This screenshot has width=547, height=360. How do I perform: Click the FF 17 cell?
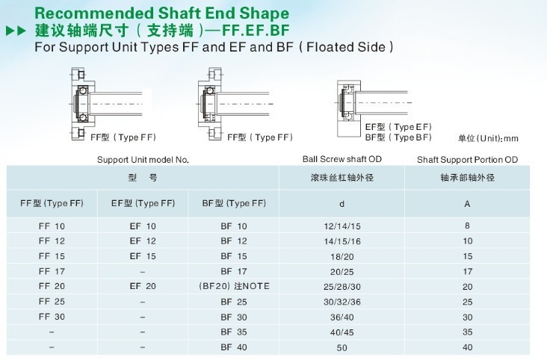52,271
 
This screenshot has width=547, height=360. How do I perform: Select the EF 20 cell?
143,286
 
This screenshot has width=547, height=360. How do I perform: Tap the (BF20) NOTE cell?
234,286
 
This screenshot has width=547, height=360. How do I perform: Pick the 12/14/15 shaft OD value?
342,226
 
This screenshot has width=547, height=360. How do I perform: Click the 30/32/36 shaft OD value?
342,302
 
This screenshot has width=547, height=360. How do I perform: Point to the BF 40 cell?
234,347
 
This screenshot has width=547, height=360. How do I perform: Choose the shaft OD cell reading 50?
342,348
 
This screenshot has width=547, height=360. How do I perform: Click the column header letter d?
342,204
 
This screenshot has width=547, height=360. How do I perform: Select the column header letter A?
467,204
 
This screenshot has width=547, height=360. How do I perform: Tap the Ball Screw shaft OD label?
342,159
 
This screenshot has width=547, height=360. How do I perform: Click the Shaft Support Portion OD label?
467,160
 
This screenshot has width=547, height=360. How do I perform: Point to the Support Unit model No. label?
143,160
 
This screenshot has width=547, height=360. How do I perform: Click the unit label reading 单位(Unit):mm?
488,138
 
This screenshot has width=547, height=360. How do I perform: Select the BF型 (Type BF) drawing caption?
398,137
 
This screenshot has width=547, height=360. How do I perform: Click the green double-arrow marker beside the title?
16,31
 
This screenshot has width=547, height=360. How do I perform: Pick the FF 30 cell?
52,317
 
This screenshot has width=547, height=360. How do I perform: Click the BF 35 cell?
234,332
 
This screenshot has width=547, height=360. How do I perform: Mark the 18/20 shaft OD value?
342,257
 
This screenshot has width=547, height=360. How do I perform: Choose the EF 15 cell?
143,256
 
